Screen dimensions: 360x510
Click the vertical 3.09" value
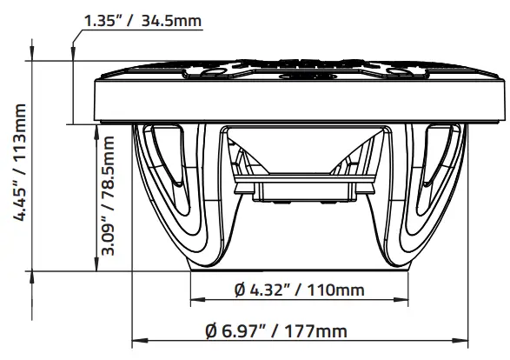click(109, 234)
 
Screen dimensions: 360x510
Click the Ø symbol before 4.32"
click(240, 289)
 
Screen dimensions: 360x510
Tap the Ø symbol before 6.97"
click(212, 331)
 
